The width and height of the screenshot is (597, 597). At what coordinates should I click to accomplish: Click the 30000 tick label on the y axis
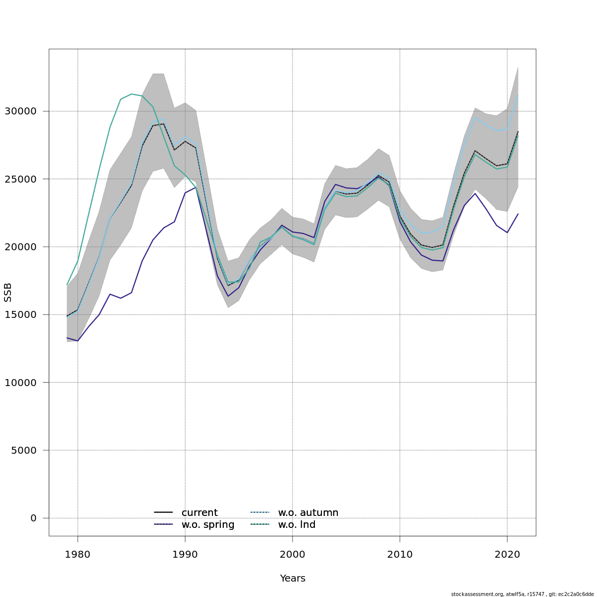[x=20, y=111]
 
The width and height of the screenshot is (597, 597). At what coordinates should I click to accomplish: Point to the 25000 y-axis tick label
[x=20, y=179]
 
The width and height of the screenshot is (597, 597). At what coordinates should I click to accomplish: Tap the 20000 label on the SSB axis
[x=20, y=247]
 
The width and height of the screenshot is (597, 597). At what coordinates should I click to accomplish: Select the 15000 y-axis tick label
[x=20, y=314]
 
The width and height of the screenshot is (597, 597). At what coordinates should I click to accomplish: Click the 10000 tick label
[x=20, y=383]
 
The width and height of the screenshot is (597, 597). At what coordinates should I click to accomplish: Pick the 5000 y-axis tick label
[x=23, y=450]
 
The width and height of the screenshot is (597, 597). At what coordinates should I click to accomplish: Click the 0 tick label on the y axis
[x=33, y=518]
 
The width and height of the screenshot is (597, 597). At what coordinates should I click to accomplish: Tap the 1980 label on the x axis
[x=78, y=555]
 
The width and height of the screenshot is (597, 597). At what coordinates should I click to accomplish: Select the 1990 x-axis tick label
[x=185, y=555]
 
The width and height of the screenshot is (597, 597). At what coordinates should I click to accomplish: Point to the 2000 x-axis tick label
[x=293, y=555]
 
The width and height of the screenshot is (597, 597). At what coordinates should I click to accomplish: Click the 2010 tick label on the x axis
[x=400, y=555]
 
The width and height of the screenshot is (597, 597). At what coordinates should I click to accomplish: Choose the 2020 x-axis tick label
[x=507, y=555]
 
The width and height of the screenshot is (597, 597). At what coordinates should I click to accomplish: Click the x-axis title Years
[x=293, y=579]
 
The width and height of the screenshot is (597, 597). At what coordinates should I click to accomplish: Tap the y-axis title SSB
[x=8, y=293]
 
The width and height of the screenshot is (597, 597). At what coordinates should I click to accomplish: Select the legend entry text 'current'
[x=199, y=512]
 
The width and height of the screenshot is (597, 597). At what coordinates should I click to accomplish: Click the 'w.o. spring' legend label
[x=208, y=525]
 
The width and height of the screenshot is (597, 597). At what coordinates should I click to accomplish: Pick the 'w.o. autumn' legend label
[x=308, y=512]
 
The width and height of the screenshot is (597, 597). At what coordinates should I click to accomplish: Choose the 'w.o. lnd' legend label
[x=297, y=525]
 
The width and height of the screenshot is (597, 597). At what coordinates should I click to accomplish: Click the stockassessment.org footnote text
[x=522, y=594]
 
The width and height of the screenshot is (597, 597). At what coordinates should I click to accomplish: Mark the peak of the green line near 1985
[x=131, y=94]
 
